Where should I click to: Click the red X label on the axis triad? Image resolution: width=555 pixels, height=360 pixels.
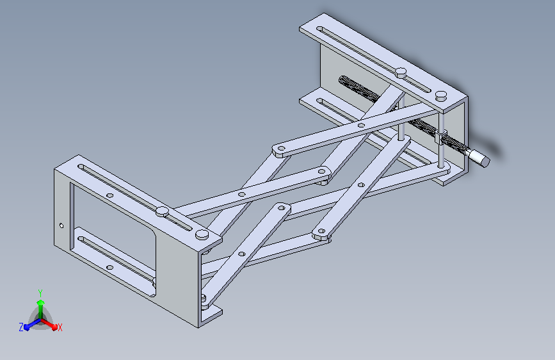click(60, 327)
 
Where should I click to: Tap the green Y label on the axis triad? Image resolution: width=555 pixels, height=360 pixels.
click(40, 293)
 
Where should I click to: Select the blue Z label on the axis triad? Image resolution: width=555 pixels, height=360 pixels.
click(21, 327)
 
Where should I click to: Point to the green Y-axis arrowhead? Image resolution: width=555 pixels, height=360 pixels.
click(41, 302)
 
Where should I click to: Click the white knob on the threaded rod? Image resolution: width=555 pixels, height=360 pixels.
click(479, 158)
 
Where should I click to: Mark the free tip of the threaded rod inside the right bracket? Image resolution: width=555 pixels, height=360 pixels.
click(342, 79)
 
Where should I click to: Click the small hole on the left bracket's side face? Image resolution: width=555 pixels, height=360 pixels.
click(61, 225)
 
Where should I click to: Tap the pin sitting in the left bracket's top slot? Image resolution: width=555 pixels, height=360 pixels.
click(162, 211)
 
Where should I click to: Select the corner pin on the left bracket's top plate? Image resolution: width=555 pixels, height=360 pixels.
click(202, 234)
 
